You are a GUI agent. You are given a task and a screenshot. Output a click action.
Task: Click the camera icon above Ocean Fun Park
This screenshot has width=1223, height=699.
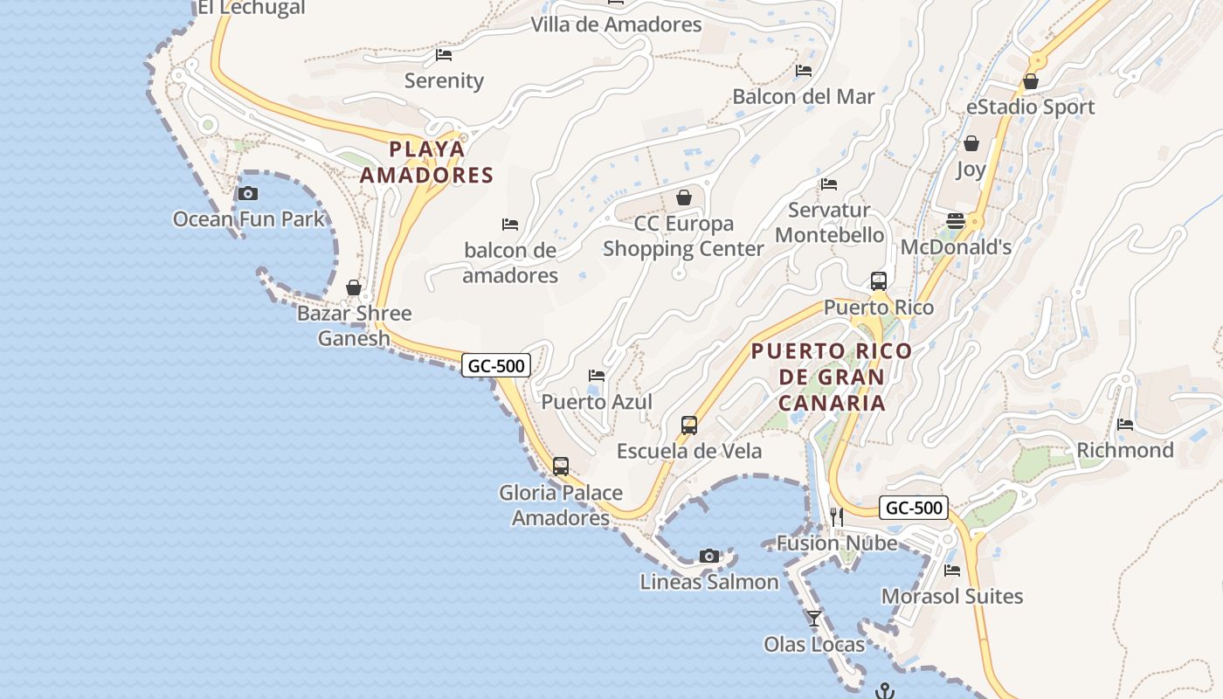[x=248, y=193]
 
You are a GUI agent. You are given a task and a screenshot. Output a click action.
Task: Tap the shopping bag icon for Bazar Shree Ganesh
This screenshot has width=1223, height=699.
[x=354, y=287]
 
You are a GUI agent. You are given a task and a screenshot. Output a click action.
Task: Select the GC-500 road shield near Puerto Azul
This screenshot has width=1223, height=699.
[x=496, y=365]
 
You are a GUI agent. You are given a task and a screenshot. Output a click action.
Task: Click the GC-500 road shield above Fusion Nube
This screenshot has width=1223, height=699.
[x=913, y=508]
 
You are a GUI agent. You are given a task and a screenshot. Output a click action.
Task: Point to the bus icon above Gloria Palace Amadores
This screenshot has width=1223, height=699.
[x=561, y=467]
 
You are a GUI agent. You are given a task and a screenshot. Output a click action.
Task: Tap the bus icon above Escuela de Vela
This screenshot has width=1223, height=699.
[x=689, y=426]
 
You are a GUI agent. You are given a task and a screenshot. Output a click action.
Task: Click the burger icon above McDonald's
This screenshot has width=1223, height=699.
[x=956, y=221]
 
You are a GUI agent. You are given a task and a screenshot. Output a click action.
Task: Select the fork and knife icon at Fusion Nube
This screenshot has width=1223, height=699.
[x=837, y=516]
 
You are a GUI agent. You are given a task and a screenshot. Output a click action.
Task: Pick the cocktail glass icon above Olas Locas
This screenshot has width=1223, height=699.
[x=814, y=619]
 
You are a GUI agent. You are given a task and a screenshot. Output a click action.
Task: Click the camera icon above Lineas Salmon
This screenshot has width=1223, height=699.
[x=709, y=556]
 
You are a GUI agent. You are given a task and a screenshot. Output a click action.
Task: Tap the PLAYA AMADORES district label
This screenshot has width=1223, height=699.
[x=427, y=162]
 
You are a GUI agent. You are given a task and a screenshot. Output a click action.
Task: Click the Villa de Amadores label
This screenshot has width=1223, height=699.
[x=617, y=24]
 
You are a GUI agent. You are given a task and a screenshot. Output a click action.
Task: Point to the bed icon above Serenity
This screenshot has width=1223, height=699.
[x=444, y=55]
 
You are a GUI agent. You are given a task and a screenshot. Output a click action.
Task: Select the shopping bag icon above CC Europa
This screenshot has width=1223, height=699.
[x=684, y=197]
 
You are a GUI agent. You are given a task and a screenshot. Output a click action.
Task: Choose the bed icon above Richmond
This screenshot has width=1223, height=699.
[x=1125, y=425]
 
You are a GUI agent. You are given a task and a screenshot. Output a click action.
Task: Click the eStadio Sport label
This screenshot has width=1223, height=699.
[x=1030, y=107]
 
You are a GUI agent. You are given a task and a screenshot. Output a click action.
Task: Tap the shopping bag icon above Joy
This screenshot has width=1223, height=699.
[x=971, y=143]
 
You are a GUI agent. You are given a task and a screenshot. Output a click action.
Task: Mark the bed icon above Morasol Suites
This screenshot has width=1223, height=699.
[x=952, y=571]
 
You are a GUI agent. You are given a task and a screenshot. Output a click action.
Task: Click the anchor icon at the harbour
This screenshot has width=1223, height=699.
[x=886, y=690]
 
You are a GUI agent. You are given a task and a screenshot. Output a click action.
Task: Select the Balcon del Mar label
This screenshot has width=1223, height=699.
[x=804, y=96]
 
